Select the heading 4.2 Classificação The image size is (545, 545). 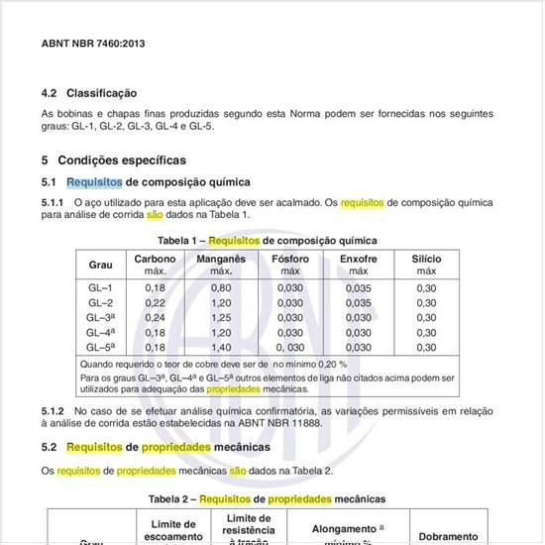click(88, 93)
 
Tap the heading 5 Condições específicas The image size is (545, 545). click(113, 160)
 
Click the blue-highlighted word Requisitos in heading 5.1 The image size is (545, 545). click(94, 182)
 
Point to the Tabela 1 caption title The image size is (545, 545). click(268, 241)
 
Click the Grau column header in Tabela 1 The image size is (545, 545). click(101, 265)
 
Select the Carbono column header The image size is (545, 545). click(156, 259)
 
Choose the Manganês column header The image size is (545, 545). click(220, 259)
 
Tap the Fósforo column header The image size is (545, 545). click(290, 259)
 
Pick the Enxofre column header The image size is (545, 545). click(358, 259)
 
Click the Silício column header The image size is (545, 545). click(426, 259)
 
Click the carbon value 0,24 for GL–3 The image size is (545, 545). click(156, 317)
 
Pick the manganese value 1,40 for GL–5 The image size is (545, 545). click(220, 348)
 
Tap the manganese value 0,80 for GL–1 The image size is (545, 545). click(220, 287)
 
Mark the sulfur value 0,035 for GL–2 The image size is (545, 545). click(358, 302)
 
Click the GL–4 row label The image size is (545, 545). click(101, 333)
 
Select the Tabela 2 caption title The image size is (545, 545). click(267, 498)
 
